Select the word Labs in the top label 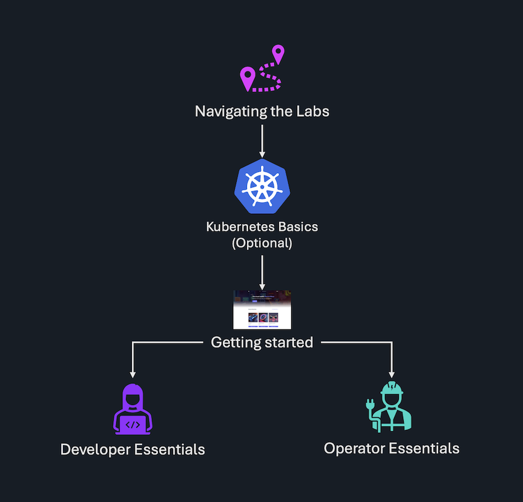[313, 111]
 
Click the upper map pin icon [278, 54]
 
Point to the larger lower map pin [247, 78]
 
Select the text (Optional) [261, 243]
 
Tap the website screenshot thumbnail [262, 309]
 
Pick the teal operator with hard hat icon [391, 407]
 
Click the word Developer [95, 450]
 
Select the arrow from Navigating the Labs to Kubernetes [261, 140]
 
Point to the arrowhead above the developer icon [133, 374]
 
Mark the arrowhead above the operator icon [392, 374]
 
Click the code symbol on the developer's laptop [133, 424]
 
